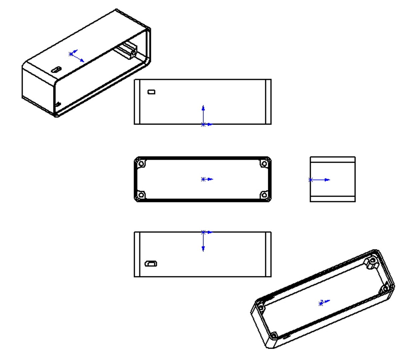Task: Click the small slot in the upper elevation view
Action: click(151, 92)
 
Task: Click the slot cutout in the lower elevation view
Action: click(151, 264)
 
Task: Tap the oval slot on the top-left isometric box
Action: click(56, 70)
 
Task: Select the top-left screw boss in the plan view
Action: click(141, 164)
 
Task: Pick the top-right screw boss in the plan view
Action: click(264, 164)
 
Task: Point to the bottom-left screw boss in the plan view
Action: click(141, 195)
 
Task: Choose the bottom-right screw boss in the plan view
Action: click(264, 195)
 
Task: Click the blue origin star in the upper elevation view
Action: click(203, 124)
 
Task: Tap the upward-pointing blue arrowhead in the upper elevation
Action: click(203, 108)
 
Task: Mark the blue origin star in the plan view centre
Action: click(203, 179)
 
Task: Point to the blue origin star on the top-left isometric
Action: click(71, 54)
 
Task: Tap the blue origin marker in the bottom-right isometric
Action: click(321, 303)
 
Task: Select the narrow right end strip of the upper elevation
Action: click(268, 102)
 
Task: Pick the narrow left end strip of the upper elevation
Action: click(137, 102)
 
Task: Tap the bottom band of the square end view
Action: click(333, 199)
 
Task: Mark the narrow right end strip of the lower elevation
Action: click(268, 254)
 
